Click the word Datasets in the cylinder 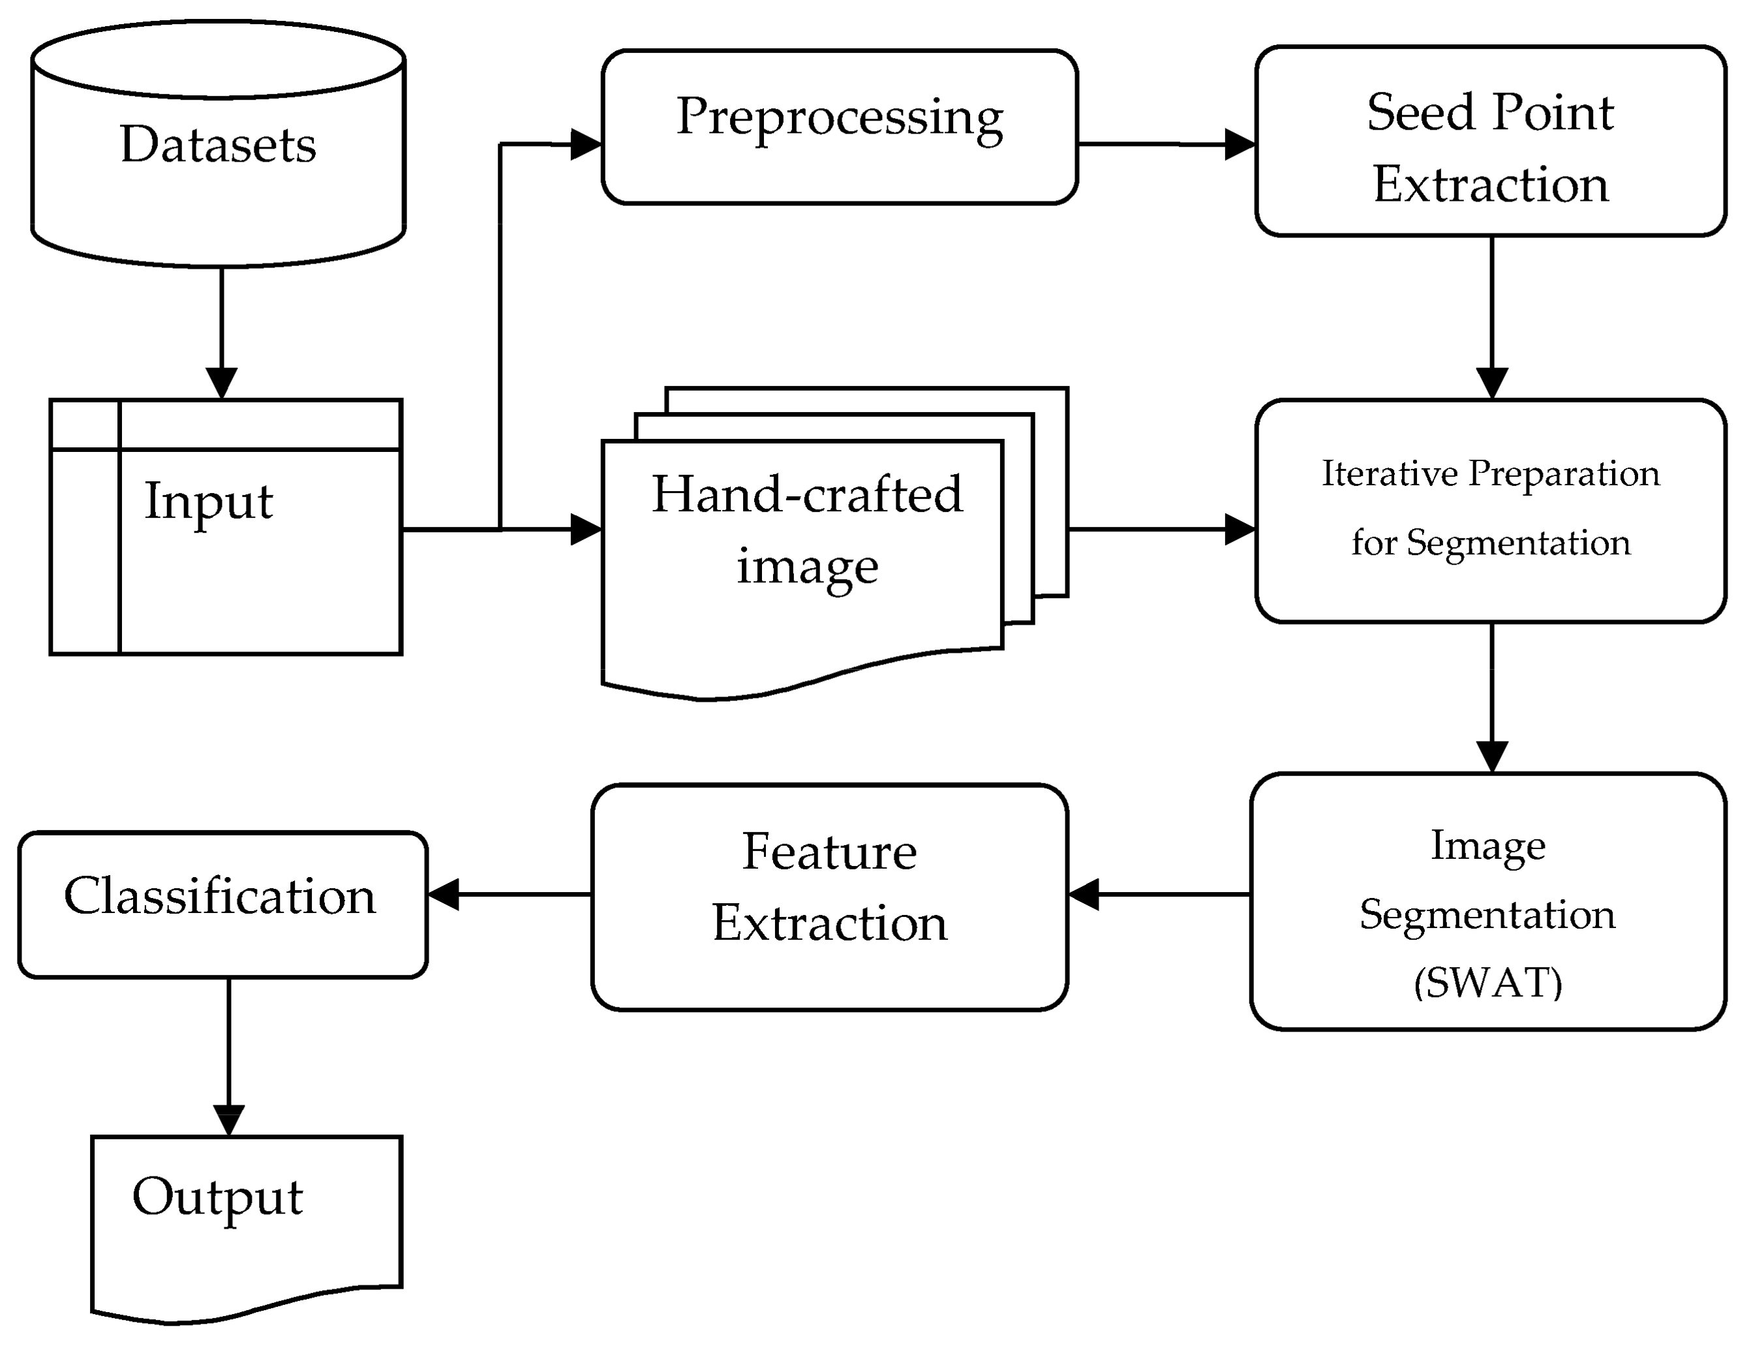pos(218,145)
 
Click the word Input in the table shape pos(208,501)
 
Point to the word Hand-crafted pos(806,494)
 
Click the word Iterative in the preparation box pos(1389,473)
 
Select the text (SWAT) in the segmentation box pos(1487,983)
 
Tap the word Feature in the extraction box pos(829,852)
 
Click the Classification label pos(220,896)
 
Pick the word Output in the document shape pos(217,1197)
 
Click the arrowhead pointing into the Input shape pos(222,382)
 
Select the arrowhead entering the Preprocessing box pos(586,145)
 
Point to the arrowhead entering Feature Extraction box pos(1084,894)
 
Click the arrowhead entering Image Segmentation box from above pos(1491,756)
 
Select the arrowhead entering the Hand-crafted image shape pos(586,530)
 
